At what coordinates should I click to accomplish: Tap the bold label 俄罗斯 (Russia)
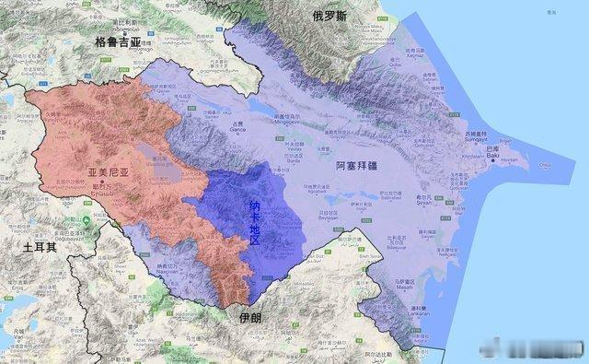329,16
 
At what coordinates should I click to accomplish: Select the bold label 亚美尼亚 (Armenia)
105,171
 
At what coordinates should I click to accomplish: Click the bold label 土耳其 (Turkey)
40,249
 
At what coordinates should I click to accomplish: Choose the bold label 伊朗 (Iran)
249,318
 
